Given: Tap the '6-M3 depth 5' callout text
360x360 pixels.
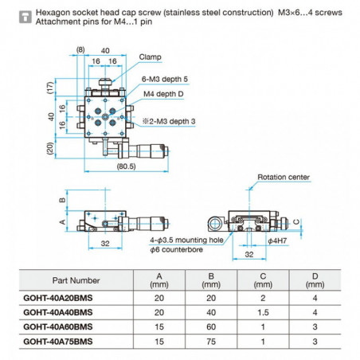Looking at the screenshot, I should pos(166,79).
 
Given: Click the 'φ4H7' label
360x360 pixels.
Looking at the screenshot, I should pos(277,240).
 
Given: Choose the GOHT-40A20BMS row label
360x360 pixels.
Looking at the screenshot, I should pos(60,299).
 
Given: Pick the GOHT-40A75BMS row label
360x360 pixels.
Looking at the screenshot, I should pos(60,340).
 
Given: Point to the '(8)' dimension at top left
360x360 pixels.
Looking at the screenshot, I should pos(80,49).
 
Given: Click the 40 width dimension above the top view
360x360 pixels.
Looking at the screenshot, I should pos(106,49).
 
